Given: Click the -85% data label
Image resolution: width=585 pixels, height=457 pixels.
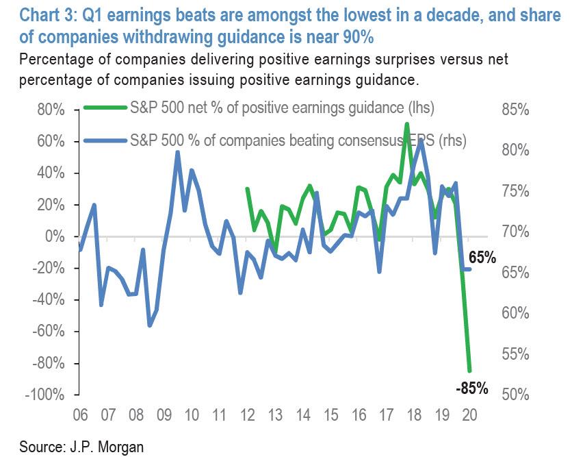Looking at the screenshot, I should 471,388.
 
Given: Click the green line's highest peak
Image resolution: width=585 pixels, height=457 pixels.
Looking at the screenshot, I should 407,124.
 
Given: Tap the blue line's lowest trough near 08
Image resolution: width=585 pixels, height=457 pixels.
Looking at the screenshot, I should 150,325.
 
